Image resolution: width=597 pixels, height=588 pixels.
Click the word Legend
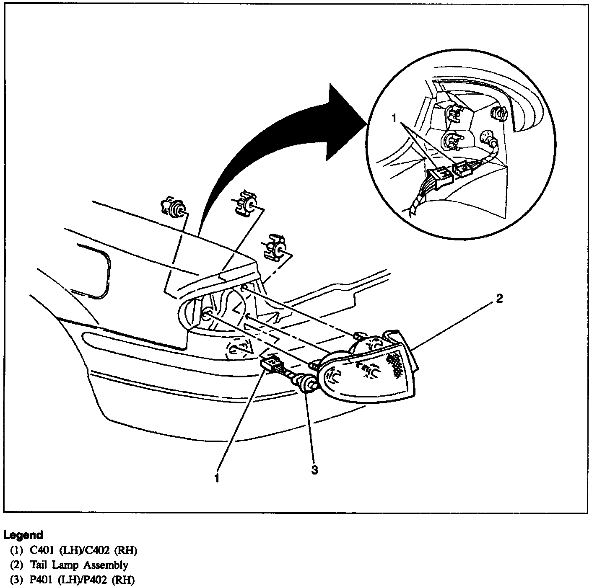point(23,535)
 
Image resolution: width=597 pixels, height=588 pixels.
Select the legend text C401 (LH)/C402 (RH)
point(83,550)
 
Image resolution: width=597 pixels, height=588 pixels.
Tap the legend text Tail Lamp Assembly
point(79,565)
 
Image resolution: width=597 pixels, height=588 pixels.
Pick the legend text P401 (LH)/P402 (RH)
point(83,580)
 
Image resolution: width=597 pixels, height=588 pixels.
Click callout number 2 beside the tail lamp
point(498,299)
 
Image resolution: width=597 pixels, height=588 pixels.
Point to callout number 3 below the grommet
point(314,470)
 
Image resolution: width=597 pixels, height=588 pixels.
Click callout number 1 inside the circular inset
point(394,119)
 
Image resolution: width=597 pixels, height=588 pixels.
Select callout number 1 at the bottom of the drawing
point(217,478)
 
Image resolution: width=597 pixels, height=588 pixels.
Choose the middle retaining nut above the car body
point(247,204)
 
